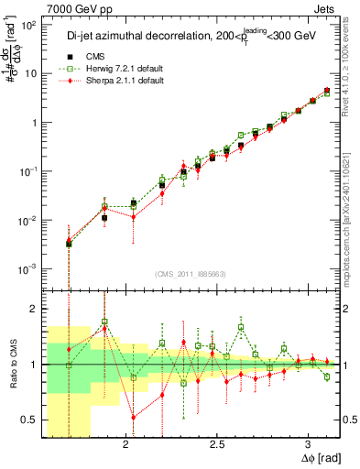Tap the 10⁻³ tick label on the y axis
tap(27, 269)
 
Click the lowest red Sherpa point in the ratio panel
tap(134, 417)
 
